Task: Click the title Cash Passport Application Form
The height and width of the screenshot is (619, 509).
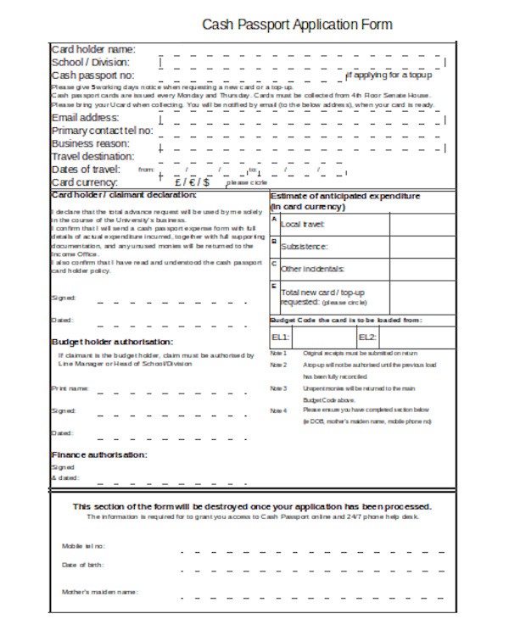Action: click(x=296, y=25)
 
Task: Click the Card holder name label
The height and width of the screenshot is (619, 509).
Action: click(x=93, y=49)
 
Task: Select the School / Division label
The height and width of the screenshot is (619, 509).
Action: click(x=91, y=62)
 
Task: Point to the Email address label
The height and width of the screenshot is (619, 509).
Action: click(x=87, y=118)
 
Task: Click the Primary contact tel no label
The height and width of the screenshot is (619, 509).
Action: click(x=103, y=131)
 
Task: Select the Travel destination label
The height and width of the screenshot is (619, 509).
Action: click(x=92, y=156)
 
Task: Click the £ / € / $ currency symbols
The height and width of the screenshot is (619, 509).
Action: click(x=193, y=181)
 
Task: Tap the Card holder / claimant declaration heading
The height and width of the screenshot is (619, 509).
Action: click(x=124, y=195)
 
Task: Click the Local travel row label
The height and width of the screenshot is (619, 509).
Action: click(x=303, y=224)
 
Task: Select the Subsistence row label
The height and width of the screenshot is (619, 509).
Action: click(x=304, y=247)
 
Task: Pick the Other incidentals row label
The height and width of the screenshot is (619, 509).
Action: click(x=312, y=269)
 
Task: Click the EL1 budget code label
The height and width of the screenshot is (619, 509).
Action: click(x=280, y=337)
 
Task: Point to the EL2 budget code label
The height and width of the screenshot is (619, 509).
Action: click(x=366, y=337)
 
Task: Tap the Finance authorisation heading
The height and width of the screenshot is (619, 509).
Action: click(x=99, y=454)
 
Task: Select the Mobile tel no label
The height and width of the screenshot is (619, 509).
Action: click(x=83, y=546)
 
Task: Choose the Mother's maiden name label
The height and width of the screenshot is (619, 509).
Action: click(x=98, y=591)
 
